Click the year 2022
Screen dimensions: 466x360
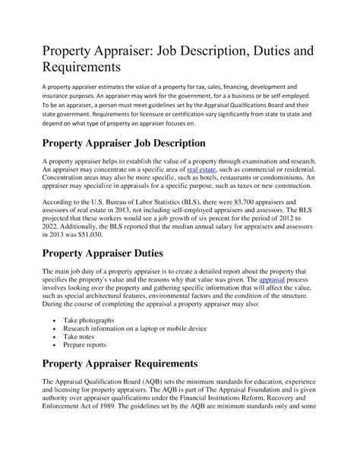51,225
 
